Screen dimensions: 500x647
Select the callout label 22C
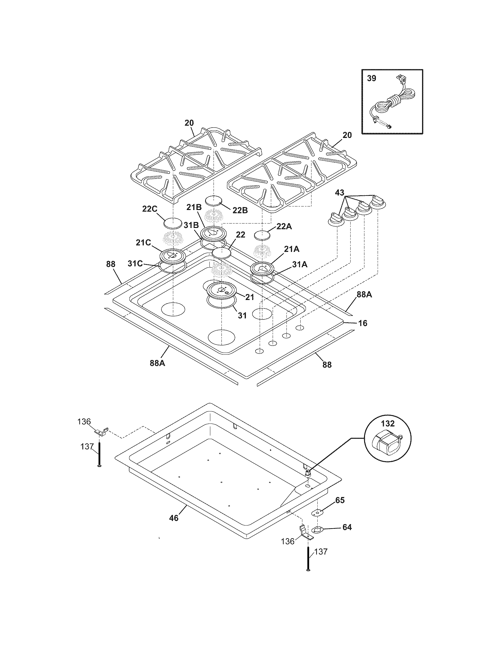pyautogui.click(x=149, y=209)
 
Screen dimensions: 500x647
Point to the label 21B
pyautogui.click(x=194, y=208)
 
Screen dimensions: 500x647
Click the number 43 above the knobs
pyautogui.click(x=339, y=193)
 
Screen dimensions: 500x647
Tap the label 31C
pyautogui.click(x=135, y=264)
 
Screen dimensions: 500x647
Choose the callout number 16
pyautogui.click(x=363, y=323)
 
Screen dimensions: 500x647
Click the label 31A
pyautogui.click(x=300, y=265)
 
